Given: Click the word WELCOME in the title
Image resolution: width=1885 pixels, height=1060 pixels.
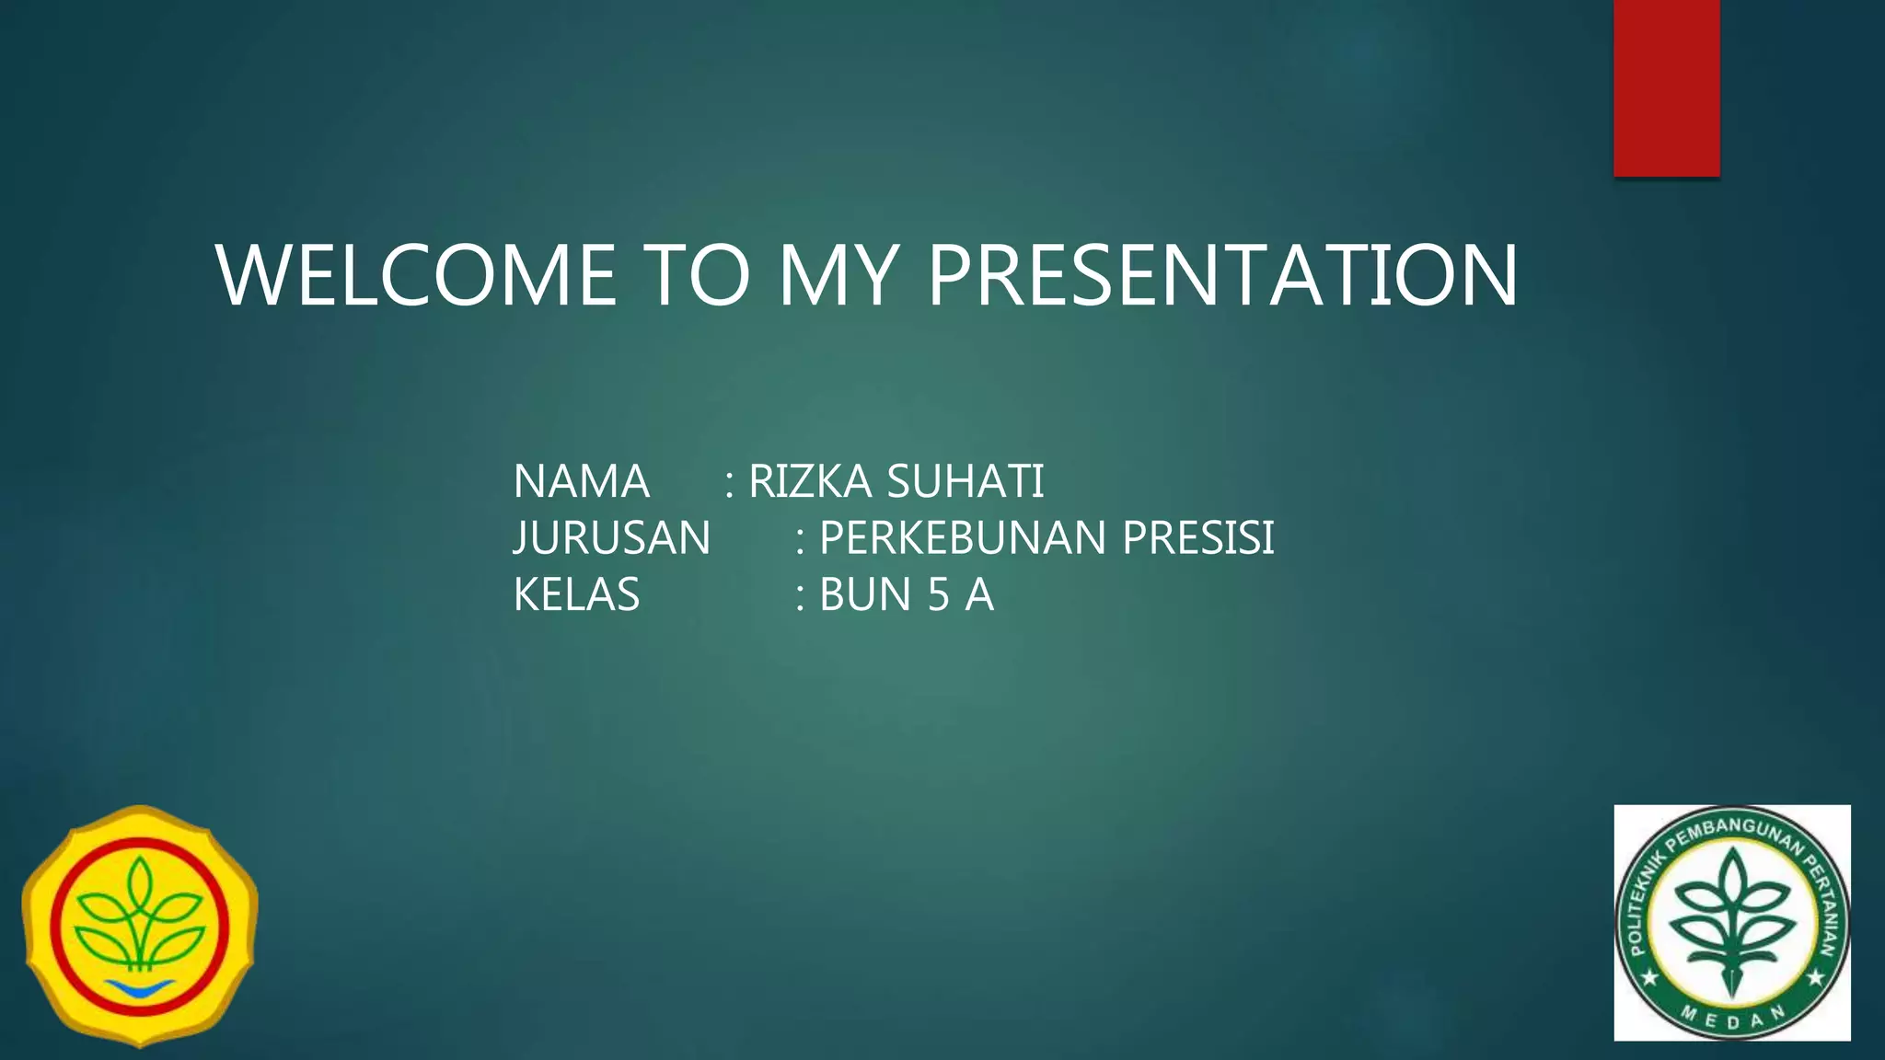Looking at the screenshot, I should pos(416,275).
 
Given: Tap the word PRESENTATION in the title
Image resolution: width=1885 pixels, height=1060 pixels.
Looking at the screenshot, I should pos(1222,275).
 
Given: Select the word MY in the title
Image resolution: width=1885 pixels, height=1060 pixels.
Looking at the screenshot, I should pos(837,275).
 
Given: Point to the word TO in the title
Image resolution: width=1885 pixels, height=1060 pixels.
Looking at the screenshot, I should pos(698,275).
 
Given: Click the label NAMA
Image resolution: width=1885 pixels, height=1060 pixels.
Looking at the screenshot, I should pos(581,481).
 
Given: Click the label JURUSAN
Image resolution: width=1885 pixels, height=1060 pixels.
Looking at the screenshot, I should pos(611,538).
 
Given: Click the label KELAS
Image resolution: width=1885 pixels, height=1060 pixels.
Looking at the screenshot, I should pos(576,594).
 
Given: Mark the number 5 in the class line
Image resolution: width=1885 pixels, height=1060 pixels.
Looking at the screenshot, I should pos(938,594).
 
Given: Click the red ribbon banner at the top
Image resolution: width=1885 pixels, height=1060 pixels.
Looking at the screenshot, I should pos(1666,87).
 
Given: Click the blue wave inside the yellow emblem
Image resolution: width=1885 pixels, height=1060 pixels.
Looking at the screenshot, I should pos(140,988).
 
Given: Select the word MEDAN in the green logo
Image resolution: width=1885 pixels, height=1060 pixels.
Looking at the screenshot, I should pos(1733,1019).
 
